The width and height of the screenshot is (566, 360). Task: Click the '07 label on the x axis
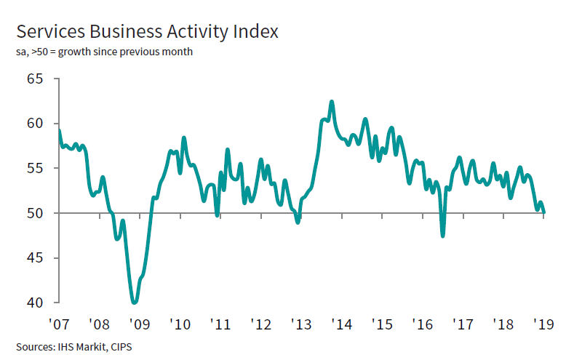click(x=58, y=322)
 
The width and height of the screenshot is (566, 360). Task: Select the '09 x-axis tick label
click(x=139, y=322)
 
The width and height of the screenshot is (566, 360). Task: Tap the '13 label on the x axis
click(x=300, y=322)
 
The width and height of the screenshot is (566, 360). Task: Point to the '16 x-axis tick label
click(x=422, y=322)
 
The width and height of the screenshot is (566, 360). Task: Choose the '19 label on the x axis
click(x=543, y=322)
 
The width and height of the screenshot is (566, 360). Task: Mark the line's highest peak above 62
click(x=332, y=102)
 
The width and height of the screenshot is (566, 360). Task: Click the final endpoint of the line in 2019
click(x=545, y=212)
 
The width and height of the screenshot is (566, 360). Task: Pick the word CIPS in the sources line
click(x=120, y=346)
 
